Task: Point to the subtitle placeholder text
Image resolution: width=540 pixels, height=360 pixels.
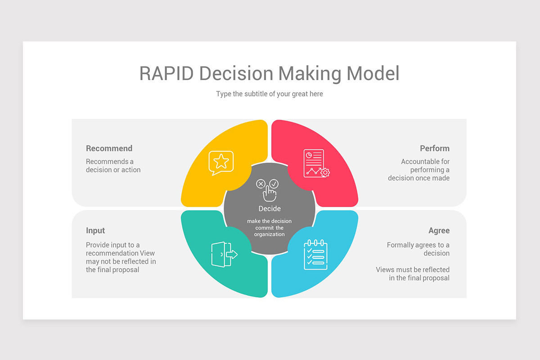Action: pos(270,94)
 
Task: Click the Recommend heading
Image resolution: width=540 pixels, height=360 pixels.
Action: pos(109,148)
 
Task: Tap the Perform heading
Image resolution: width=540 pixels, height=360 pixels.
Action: pos(435,148)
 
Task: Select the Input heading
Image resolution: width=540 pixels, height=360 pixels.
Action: pos(95,230)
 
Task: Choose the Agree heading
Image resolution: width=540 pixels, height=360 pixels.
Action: pos(439,230)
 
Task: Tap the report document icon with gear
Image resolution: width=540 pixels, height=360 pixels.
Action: pos(316,163)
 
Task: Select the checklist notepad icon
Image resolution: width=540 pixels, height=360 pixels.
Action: pos(315,255)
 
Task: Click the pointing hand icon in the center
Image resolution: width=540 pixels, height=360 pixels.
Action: pos(270,193)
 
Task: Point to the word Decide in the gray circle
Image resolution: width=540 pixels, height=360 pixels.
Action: pos(270,209)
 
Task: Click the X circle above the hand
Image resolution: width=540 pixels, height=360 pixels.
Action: pos(261,184)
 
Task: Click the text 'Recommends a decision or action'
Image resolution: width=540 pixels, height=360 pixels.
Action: pos(113,166)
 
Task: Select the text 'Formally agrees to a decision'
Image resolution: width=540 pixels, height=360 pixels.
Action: pos(418,249)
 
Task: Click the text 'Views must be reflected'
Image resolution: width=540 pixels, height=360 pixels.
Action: pos(413,270)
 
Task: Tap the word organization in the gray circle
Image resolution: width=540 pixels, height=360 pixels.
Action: pos(269,234)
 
